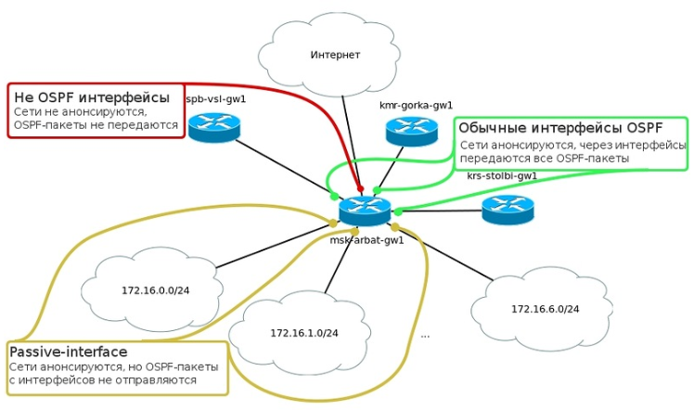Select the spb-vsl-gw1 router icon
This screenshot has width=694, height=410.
(x=214, y=126)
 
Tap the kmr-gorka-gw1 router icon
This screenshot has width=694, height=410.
(x=412, y=132)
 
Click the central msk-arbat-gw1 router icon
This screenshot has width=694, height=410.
(x=365, y=212)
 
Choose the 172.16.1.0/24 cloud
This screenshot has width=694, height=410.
(x=303, y=331)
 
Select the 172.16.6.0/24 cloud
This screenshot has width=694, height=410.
(x=544, y=308)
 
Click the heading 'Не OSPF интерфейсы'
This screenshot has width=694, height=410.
(x=91, y=96)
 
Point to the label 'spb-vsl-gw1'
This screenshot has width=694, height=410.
(x=216, y=98)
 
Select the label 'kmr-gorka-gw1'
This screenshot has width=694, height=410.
(x=416, y=106)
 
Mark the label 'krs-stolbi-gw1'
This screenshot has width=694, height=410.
(x=502, y=175)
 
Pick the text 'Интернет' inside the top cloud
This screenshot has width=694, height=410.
(x=334, y=55)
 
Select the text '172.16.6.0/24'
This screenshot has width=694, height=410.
(x=544, y=308)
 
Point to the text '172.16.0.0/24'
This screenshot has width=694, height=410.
(x=155, y=290)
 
